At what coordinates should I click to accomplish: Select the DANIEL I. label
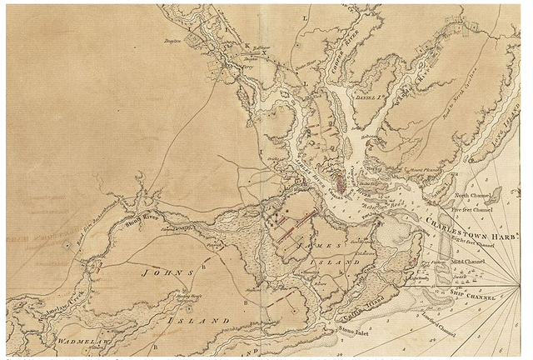[366, 96]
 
